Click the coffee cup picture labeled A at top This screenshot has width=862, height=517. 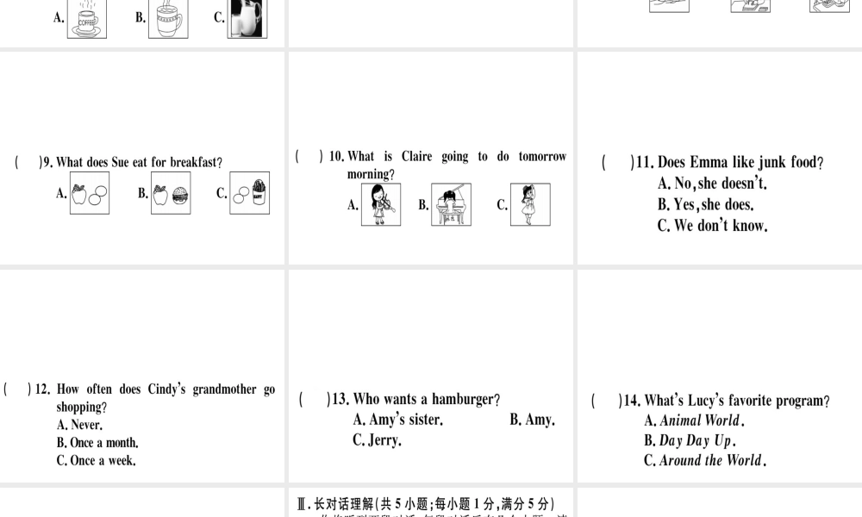point(88,18)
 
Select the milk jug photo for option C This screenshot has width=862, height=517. point(247,18)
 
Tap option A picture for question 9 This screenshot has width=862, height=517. point(90,193)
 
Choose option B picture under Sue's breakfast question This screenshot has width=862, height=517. point(171,193)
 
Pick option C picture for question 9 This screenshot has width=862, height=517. point(249,193)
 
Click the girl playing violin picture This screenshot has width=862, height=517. point(381,205)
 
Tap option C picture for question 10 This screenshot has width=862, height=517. point(529,205)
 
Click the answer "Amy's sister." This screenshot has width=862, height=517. point(397,420)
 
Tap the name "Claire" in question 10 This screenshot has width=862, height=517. point(416,157)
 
